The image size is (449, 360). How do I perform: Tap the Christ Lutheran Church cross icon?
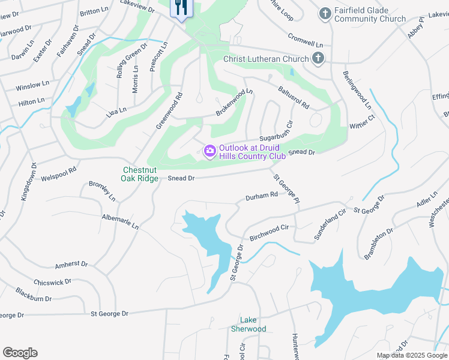click(x=318, y=59)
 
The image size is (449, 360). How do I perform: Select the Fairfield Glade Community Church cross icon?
click(x=325, y=14)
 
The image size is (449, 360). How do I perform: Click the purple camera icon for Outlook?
click(x=209, y=152)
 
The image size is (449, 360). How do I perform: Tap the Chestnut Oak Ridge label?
click(x=140, y=174)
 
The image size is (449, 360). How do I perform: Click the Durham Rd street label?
click(x=262, y=196)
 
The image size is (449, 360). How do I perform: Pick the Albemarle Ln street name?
click(x=120, y=221)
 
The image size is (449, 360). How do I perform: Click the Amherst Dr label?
click(x=71, y=265)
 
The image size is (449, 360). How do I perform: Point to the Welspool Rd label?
click(x=59, y=174)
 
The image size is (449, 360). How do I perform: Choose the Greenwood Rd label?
click(x=169, y=110)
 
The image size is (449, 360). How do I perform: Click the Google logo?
click(x=20, y=353)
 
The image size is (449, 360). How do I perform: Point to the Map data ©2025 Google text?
click(x=411, y=355)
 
